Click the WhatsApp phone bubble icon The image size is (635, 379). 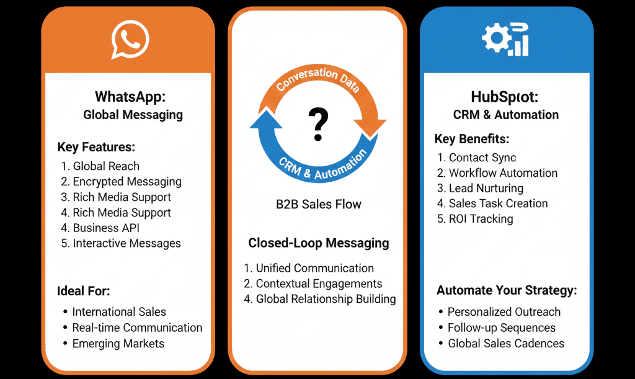(x=130, y=40)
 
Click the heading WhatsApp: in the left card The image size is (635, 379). (x=133, y=97)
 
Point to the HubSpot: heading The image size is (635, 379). (x=505, y=97)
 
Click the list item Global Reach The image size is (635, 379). (x=106, y=166)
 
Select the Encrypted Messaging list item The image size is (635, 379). (x=127, y=182)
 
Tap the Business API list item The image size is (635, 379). (x=106, y=228)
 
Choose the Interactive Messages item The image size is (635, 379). (x=127, y=243)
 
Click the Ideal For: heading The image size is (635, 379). (x=84, y=290)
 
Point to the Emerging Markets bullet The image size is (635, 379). (x=118, y=343)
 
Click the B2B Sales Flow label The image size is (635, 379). (x=318, y=204)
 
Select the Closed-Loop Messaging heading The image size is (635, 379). (x=319, y=243)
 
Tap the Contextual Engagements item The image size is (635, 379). (x=319, y=283)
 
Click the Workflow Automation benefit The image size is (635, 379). (x=503, y=173)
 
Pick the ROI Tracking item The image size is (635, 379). (x=481, y=219)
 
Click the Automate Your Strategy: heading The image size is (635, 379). (x=507, y=290)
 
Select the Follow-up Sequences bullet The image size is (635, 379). (x=501, y=328)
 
